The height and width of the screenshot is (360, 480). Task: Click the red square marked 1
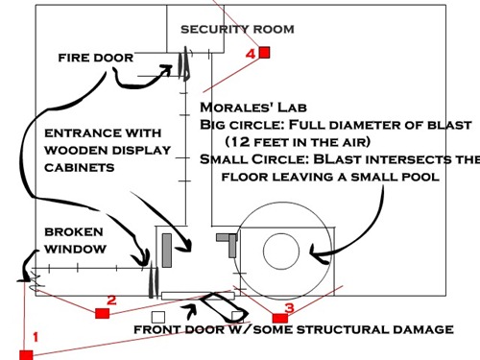[26, 354]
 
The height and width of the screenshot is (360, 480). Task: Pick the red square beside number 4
[265, 53]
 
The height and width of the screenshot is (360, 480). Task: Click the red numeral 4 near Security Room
[251, 55]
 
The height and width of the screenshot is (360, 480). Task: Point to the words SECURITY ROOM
[237, 29]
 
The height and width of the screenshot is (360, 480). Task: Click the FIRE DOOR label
[95, 58]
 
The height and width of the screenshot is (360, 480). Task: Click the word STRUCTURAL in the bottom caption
[356, 330]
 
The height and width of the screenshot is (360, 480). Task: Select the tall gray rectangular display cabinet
[166, 250]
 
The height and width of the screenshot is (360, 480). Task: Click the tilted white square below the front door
[237, 316]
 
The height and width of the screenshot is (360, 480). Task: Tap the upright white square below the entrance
[158, 316]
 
